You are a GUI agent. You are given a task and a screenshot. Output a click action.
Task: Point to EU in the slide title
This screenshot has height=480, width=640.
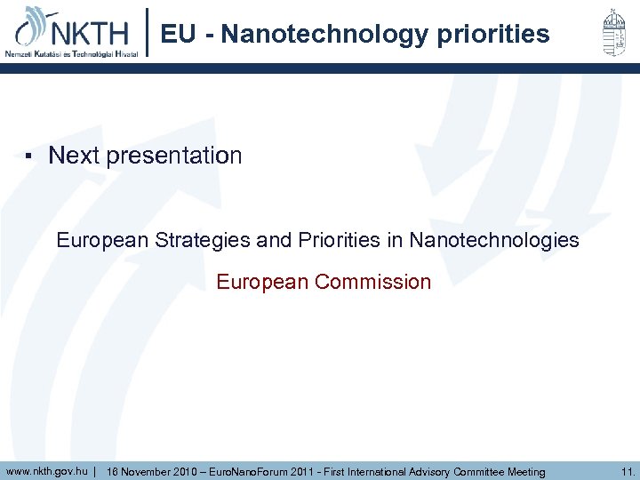coord(178,35)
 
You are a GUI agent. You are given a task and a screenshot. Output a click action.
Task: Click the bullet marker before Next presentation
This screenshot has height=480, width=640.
coord(28,156)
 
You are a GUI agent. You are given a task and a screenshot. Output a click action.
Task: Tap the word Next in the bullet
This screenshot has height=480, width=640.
coord(74,156)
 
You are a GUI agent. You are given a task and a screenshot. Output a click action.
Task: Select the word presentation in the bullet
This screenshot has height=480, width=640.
coord(174,156)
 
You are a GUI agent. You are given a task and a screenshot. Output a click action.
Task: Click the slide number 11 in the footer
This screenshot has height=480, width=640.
coord(628,471)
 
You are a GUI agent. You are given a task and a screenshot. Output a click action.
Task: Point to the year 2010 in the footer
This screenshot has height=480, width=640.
coord(188,472)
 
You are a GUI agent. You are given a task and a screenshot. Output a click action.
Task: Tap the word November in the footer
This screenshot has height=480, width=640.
coord(147,472)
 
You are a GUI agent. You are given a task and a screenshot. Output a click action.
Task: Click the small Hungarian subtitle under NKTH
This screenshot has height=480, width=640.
coord(71,53)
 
